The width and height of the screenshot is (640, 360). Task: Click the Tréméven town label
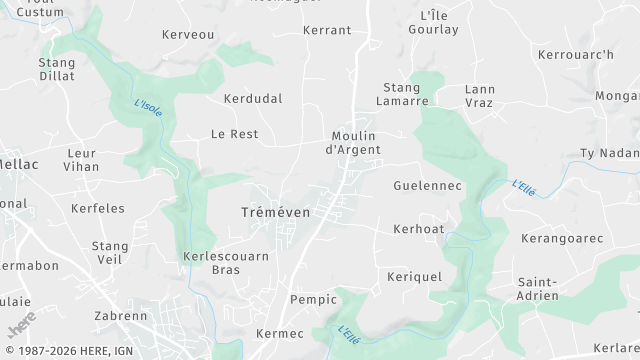(276, 212)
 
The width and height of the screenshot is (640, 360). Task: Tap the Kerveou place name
(188, 34)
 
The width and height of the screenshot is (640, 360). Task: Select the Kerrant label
(327, 30)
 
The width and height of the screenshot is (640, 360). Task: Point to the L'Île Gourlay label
(433, 22)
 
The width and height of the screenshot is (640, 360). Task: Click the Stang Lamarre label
(402, 94)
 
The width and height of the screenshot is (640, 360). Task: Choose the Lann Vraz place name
(480, 96)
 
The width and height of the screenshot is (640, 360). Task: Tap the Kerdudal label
(253, 99)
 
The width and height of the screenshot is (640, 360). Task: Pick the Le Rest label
(234, 134)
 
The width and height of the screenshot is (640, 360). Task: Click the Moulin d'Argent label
(353, 143)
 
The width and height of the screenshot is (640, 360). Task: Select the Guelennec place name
(427, 186)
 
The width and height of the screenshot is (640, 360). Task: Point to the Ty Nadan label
(609, 153)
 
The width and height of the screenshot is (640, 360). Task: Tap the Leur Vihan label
(81, 160)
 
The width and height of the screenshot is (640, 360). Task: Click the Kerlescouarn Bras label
(226, 263)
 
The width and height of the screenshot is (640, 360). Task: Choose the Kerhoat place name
(418, 229)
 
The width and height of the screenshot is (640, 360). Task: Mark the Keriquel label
(414, 276)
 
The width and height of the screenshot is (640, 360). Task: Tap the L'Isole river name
(147, 106)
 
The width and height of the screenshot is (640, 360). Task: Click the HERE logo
(21, 324)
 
